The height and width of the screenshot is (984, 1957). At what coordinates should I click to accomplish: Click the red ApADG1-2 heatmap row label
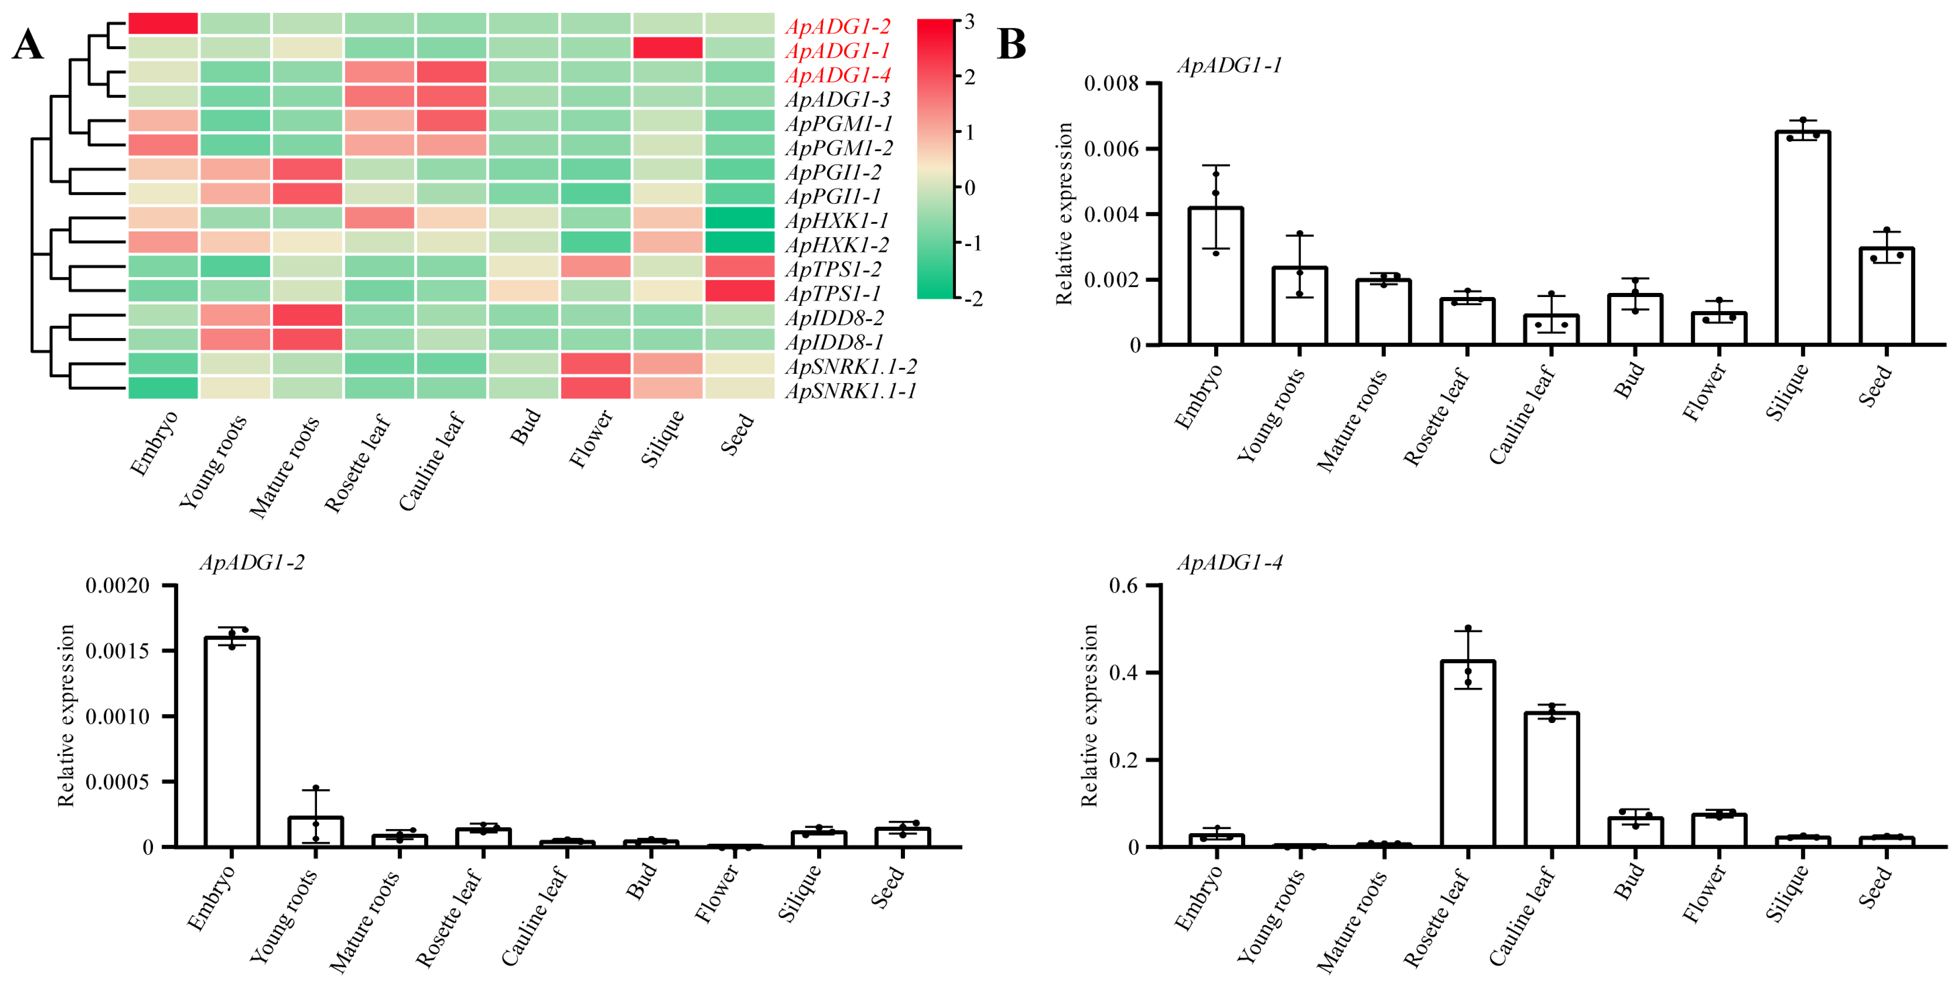coord(837,26)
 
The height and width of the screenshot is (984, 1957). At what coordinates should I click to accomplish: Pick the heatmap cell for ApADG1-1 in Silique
coord(668,48)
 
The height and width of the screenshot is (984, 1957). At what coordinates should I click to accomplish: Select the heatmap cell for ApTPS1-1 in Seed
coord(739,291)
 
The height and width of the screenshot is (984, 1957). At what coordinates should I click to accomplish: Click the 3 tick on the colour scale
coord(969,22)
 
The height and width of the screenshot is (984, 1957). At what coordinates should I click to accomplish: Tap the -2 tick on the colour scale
coord(972,299)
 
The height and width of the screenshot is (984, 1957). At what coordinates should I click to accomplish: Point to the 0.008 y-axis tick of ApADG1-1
coord(1111,83)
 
